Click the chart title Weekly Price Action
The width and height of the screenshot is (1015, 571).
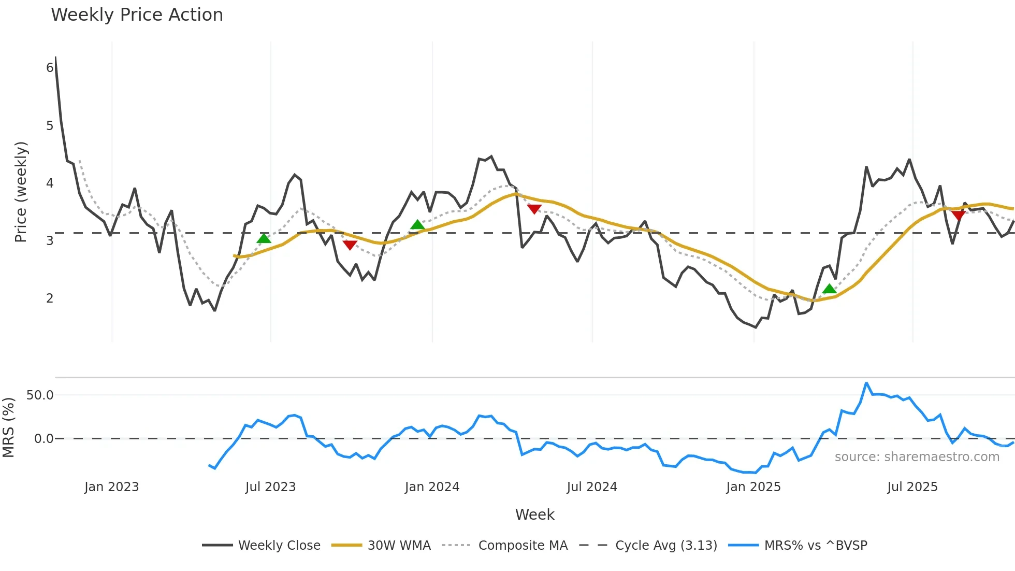137,15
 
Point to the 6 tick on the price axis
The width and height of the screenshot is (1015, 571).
50,68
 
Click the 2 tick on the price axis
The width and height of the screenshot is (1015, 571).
50,298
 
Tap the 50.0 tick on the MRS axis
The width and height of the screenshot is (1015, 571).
40,395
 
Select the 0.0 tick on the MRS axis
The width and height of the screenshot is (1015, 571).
44,439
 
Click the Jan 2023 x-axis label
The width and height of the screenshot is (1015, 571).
111,487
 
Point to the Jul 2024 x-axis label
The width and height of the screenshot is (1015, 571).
592,487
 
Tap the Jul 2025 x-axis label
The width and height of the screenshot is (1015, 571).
912,487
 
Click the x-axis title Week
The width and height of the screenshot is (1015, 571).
534,515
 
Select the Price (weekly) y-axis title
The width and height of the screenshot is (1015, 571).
21,192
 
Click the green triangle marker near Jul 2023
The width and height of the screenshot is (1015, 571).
264,238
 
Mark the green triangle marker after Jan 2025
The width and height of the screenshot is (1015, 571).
829,289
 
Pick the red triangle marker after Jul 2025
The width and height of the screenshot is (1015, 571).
958,215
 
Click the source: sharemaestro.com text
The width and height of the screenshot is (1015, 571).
917,457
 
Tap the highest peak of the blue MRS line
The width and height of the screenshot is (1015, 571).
866,383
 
